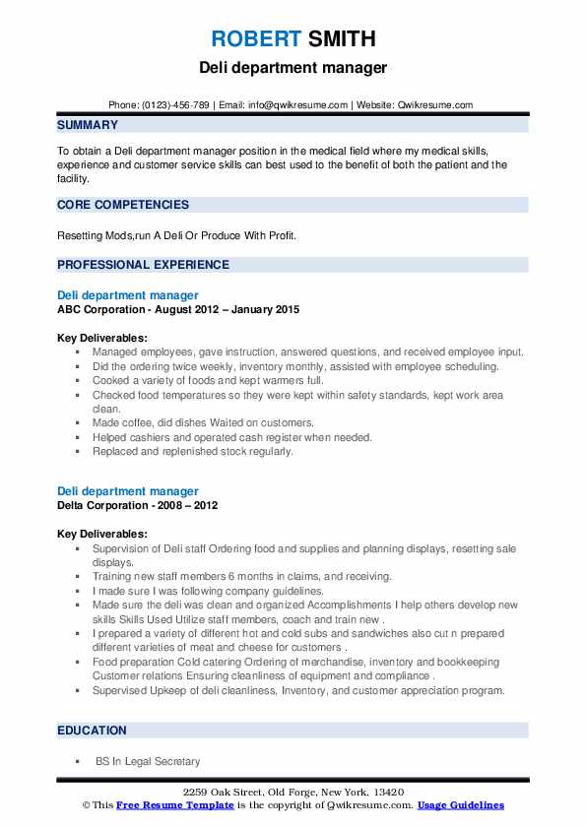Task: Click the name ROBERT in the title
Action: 256,38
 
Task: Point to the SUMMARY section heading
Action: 88,125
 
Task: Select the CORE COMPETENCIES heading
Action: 123,205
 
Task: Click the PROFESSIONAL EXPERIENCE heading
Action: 143,264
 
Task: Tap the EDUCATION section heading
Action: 92,730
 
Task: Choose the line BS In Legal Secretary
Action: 147,761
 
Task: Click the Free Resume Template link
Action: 173,805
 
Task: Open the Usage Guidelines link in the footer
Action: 460,805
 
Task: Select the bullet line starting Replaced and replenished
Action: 193,451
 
